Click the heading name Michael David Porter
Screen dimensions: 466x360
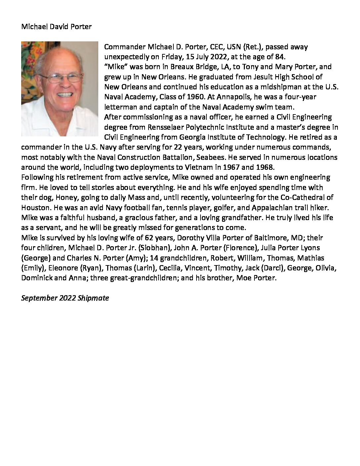pos(56,27)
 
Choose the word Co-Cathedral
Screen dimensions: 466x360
pos(299,197)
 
